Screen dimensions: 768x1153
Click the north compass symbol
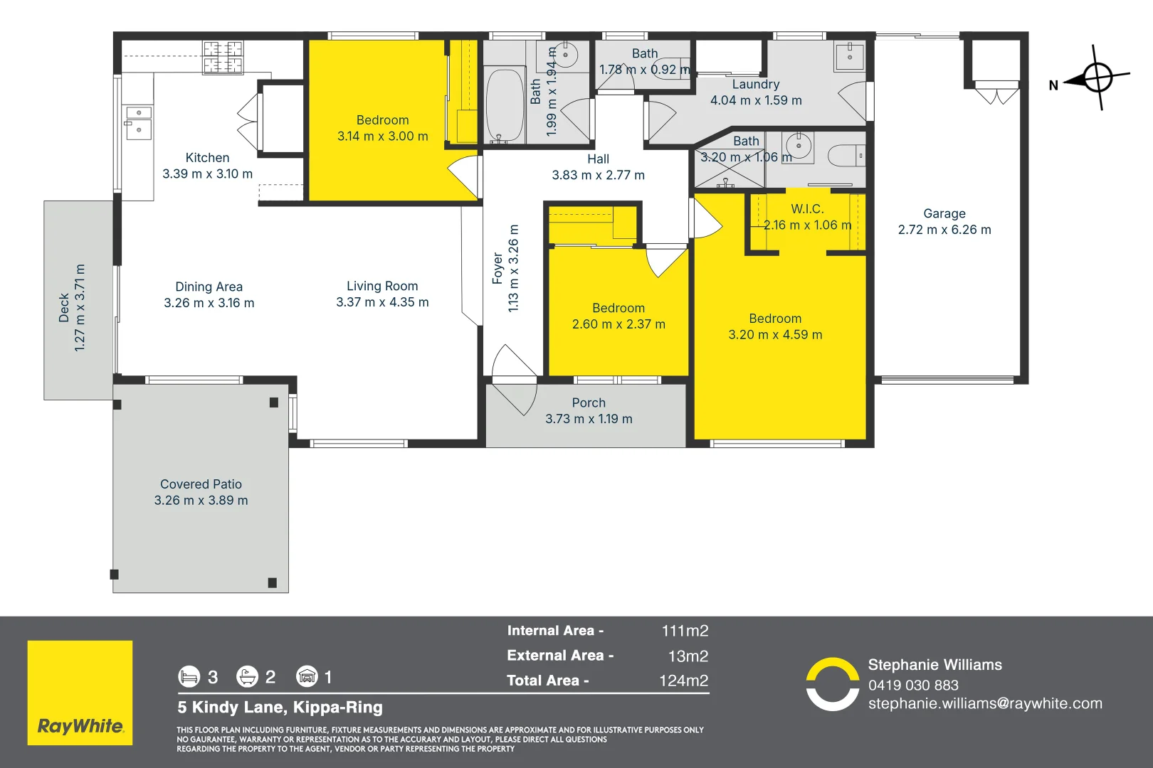pyautogui.click(x=1097, y=78)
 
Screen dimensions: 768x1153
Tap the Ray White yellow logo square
pyautogui.click(x=80, y=693)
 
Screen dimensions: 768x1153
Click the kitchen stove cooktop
pyautogui.click(x=223, y=58)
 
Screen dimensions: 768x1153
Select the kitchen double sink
pyautogui.click(x=139, y=122)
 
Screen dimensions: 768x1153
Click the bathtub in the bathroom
pyautogui.click(x=504, y=105)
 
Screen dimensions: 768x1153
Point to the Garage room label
pyautogui.click(x=944, y=213)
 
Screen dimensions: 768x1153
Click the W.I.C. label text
pyautogui.click(x=807, y=209)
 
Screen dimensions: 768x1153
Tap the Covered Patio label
pyautogui.click(x=201, y=484)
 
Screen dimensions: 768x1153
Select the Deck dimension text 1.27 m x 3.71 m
pyautogui.click(x=80, y=308)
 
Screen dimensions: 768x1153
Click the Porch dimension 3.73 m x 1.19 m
pyautogui.click(x=589, y=419)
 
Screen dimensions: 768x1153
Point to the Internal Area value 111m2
pyautogui.click(x=685, y=631)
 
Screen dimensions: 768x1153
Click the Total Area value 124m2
pyautogui.click(x=683, y=681)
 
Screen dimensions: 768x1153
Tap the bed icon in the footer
pyautogui.click(x=189, y=676)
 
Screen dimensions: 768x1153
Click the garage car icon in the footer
pyautogui.click(x=307, y=676)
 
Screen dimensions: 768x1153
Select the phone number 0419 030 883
pyautogui.click(x=913, y=686)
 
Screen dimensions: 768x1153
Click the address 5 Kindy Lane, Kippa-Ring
pyautogui.click(x=280, y=708)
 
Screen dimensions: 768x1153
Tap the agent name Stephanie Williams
pyautogui.click(x=934, y=665)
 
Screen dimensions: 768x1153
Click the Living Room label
pyautogui.click(x=382, y=286)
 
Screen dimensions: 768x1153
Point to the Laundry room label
pyautogui.click(x=756, y=85)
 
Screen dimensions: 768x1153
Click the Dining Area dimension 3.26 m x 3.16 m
pyautogui.click(x=209, y=303)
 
